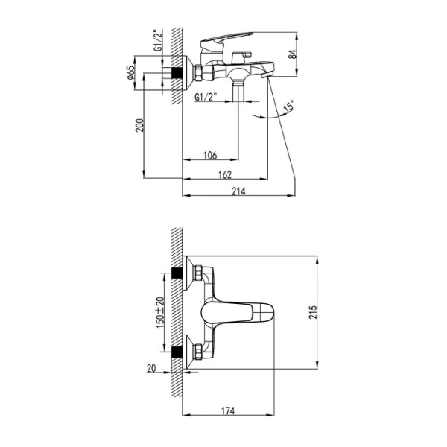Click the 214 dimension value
click(x=238, y=191)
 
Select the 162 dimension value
click(x=226, y=174)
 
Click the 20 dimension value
click(x=152, y=367)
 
